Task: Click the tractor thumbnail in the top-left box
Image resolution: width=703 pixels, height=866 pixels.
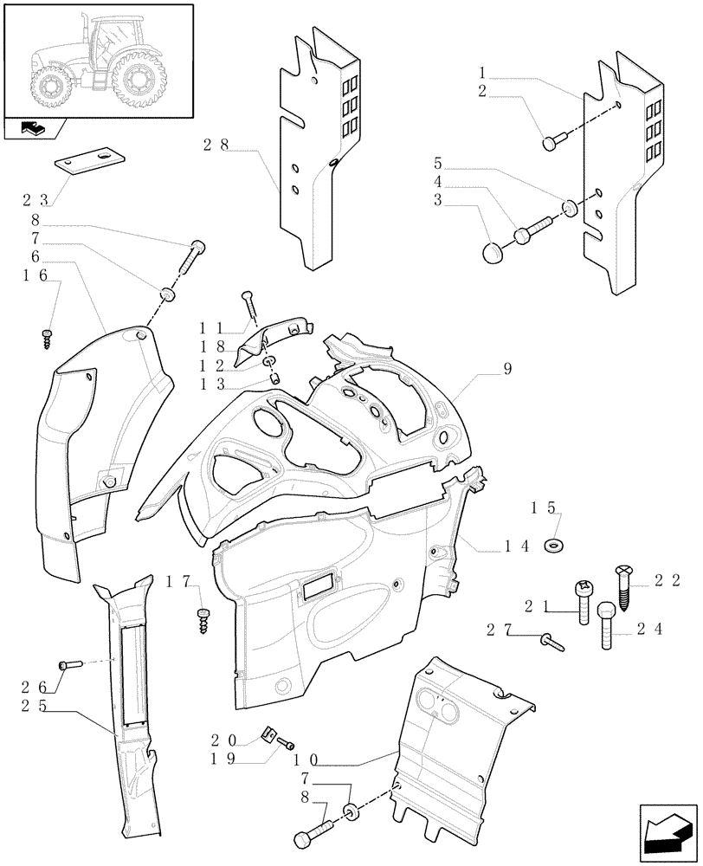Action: coord(97,61)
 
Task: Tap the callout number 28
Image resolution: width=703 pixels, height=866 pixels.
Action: coord(216,145)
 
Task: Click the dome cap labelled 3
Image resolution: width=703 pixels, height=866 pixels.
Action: coord(493,252)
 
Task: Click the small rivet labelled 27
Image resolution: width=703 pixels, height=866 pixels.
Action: coord(551,642)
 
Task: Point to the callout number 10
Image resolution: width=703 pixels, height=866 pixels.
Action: coord(306,759)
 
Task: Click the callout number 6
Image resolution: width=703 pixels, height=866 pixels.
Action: coord(35,257)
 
